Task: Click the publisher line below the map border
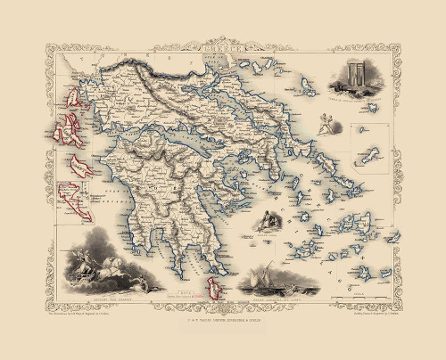click(x=223, y=307)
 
